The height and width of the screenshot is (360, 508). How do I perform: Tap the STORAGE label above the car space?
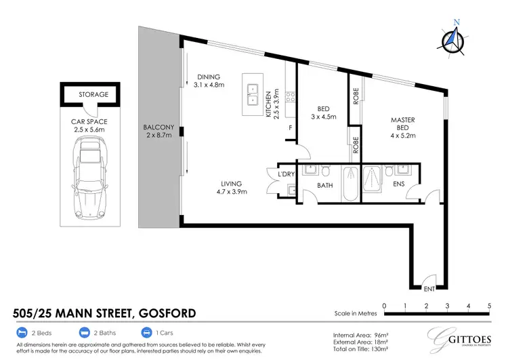point(93,94)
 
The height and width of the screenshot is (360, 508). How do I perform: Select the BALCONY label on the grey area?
point(158,132)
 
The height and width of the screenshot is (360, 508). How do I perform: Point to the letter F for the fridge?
point(290,127)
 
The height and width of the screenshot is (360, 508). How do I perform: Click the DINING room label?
point(209,77)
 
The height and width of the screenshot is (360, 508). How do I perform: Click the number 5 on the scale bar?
point(489,306)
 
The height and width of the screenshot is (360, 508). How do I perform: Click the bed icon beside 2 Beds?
point(21,333)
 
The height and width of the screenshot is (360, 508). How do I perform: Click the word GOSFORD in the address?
point(167,313)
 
